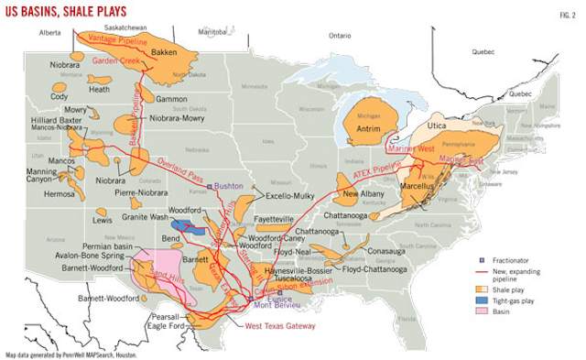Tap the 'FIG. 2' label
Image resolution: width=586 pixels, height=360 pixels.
567,12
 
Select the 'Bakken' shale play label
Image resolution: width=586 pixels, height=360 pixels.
164,53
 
